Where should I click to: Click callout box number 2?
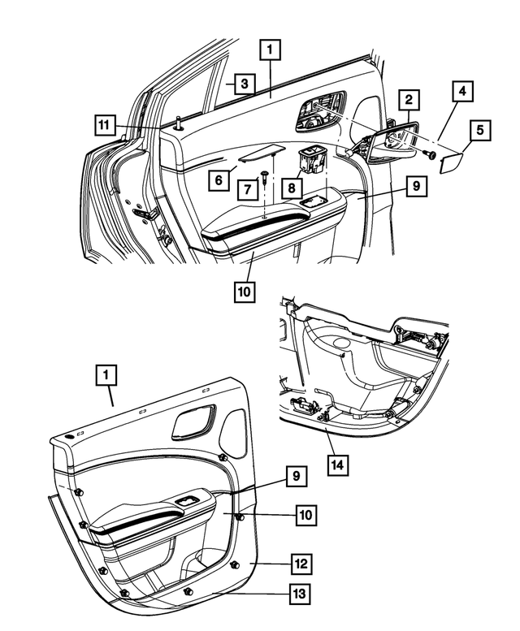click(x=409, y=101)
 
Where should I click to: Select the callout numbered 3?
click(x=242, y=83)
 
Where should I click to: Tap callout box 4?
click(x=461, y=91)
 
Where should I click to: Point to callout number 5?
click(x=479, y=129)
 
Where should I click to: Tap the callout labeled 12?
click(x=300, y=562)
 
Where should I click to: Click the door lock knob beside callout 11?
click(x=176, y=123)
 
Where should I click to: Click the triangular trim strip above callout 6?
click(x=259, y=153)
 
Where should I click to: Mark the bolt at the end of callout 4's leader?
click(x=430, y=154)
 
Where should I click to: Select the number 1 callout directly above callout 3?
click(x=271, y=50)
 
